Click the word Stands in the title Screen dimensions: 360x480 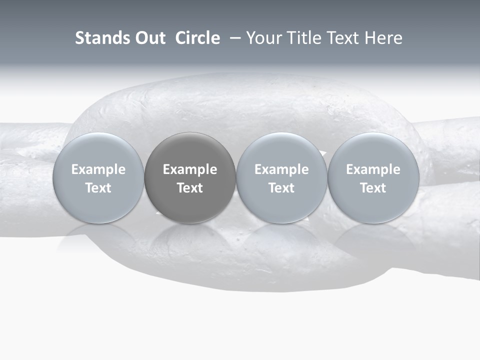(x=101, y=38)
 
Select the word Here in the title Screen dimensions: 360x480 (x=383, y=38)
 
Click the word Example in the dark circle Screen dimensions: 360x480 (x=190, y=169)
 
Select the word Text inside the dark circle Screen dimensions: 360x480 (x=190, y=188)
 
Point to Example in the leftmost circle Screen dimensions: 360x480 (x=98, y=169)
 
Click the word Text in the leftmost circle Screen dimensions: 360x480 (x=98, y=188)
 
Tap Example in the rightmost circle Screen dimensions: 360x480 (x=373, y=169)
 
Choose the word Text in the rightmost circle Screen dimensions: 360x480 (x=373, y=188)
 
